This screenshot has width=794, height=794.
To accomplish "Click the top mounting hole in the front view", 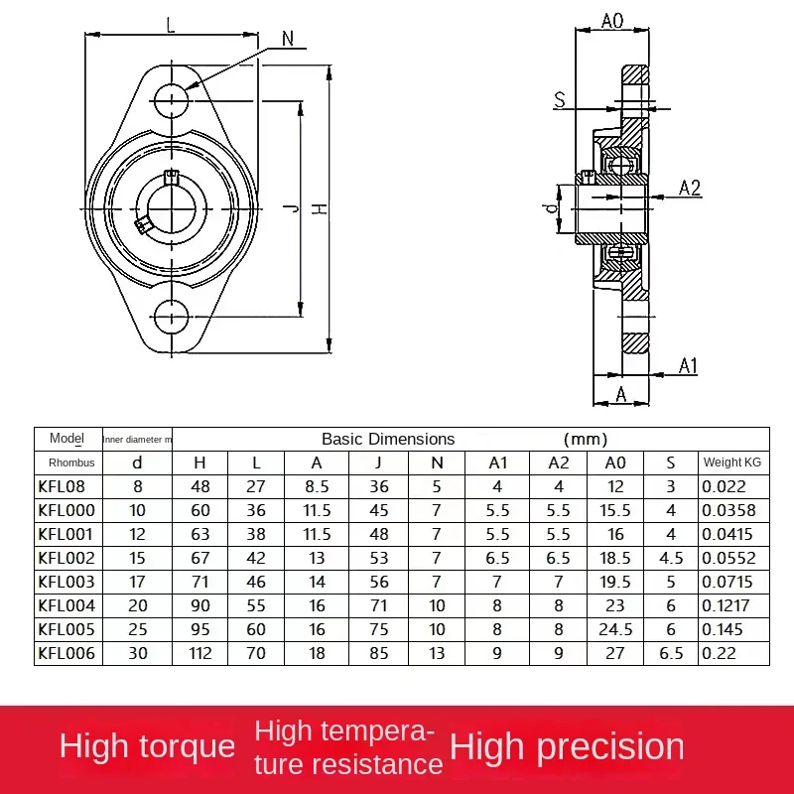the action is pos(172,100).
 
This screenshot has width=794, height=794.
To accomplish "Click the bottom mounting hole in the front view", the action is pos(172,317).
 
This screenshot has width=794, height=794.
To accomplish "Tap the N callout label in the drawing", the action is pos(288,39).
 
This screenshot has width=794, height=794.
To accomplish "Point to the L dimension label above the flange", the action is pos(171,25).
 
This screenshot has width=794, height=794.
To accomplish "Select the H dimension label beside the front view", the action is pos(319,208).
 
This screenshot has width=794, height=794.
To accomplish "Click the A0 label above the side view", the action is pos(612,21).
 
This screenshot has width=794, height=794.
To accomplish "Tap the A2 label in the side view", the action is pos(690,188).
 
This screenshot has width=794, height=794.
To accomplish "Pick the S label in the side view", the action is pos(560,100).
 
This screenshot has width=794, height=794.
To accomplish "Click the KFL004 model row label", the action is pos(66,605).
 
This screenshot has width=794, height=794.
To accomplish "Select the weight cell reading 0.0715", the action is pos(728,582).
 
